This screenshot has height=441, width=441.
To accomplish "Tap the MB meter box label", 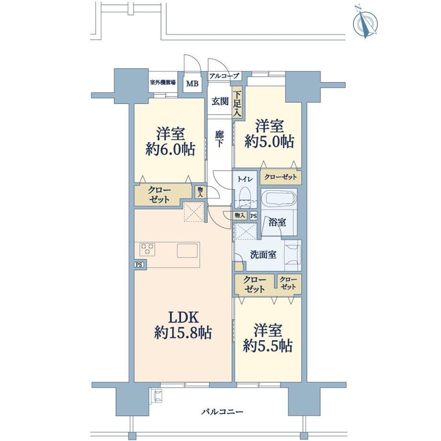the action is tap(192, 83).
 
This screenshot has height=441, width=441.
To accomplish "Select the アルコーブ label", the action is tap(224, 76).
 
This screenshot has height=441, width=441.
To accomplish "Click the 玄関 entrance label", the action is tap(220, 101).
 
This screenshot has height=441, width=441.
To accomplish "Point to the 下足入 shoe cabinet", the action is tap(237, 103).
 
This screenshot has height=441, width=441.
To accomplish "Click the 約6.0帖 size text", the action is tap(171, 150).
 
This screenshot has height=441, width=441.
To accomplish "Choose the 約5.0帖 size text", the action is tap(269, 141).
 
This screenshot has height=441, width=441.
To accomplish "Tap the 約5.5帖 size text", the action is tap(268, 346).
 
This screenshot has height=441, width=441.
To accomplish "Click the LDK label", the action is tap(184, 317).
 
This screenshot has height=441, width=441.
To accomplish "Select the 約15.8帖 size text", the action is tap(183, 333).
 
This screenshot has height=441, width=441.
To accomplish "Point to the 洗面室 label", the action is tap(263, 255).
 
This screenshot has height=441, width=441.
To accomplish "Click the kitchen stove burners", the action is tap(147, 249).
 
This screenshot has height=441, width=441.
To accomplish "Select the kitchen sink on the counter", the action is tap(187, 251).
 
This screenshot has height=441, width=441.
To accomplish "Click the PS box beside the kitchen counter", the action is tap(139, 265).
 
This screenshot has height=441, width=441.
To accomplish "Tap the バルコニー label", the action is tap(222, 412).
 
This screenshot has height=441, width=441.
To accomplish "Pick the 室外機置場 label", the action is tap(163, 82).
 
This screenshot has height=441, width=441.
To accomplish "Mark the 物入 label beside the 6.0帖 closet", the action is tap(200, 192).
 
